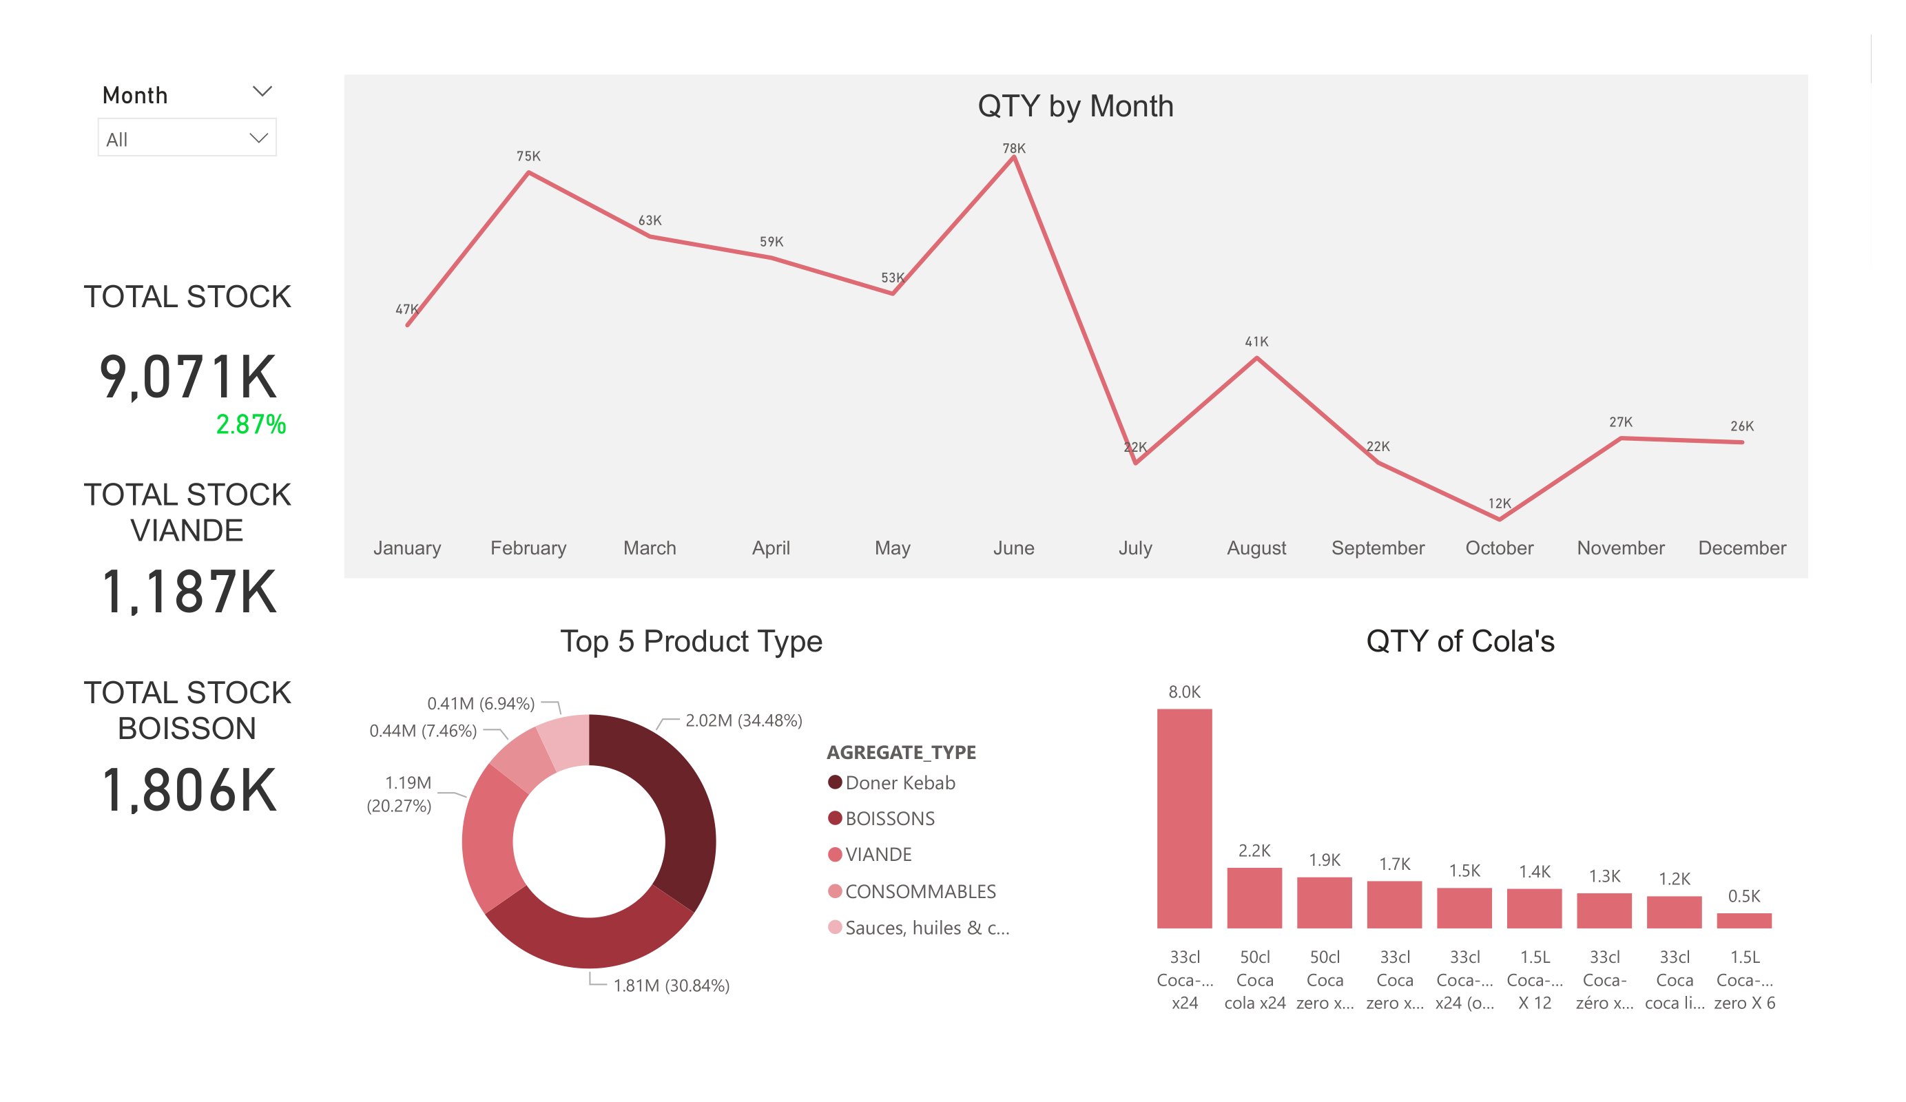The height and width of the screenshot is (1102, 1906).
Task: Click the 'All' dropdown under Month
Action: point(187,138)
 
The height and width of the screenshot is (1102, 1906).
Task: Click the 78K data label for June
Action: point(1013,148)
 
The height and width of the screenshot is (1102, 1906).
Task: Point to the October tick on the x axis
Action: point(1499,548)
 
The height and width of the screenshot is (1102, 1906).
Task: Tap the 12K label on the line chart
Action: point(1499,503)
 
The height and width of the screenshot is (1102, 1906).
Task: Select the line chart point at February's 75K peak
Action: point(529,173)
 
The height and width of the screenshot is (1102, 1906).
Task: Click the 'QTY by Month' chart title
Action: point(1075,106)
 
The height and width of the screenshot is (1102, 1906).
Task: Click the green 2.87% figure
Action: point(251,424)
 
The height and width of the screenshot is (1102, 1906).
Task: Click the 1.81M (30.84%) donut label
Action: point(671,986)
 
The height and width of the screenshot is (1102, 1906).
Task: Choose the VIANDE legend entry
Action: point(878,855)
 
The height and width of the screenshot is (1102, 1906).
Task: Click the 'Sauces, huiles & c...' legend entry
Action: point(926,928)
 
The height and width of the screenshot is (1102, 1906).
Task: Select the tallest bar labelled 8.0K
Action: point(1184,818)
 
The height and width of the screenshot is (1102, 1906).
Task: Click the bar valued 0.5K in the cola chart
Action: point(1744,920)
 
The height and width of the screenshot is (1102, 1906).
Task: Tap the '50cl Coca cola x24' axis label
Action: point(1255,979)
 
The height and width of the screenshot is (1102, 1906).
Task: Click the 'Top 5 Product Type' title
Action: point(690,641)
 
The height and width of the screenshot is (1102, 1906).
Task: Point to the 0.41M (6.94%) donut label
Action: point(481,703)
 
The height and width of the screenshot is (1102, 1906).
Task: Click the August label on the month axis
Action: point(1256,548)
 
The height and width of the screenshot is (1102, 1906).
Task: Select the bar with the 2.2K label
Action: point(1254,898)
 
